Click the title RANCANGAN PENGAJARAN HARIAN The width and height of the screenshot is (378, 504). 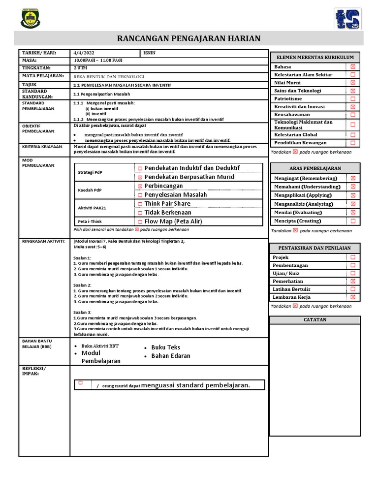[189, 38]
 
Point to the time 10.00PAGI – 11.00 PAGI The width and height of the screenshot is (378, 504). [98, 60]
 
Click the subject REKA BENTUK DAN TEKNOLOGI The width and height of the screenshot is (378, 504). [109, 76]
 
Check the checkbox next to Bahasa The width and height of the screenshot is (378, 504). [352, 66]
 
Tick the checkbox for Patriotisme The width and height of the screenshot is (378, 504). [352, 98]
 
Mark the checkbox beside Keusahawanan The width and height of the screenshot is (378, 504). [352, 114]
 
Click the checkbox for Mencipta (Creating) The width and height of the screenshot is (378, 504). [352, 221]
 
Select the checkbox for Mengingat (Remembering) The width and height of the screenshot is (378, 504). [352, 178]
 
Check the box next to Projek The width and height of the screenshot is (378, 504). [352, 257]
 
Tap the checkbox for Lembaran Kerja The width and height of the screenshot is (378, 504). [352, 297]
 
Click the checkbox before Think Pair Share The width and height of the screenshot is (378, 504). [140, 204]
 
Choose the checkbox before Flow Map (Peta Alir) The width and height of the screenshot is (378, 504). [140, 221]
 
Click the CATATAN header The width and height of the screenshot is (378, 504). [315, 320]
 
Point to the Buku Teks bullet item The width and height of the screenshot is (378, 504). [165, 347]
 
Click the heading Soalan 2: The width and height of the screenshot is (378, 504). [82, 285]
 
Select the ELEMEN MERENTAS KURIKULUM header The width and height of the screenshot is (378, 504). [315, 58]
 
